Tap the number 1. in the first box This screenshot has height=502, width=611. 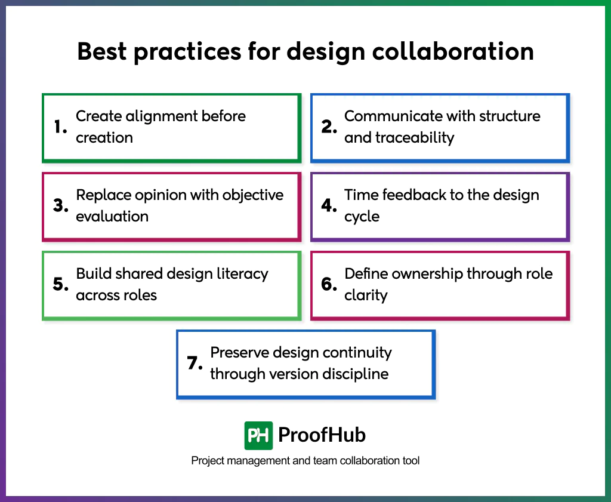click(60, 127)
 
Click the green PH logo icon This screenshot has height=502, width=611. click(258, 435)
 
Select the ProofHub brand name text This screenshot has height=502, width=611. click(322, 435)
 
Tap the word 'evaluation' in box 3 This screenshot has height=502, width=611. click(112, 217)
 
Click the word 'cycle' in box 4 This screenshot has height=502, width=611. click(362, 217)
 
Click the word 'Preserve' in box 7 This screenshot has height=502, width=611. click(239, 353)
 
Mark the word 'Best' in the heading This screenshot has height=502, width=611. click(101, 52)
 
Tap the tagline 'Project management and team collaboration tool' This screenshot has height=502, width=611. click(305, 461)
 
